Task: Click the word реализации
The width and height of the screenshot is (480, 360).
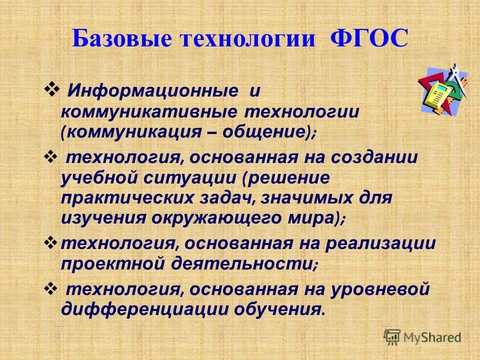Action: [381, 244]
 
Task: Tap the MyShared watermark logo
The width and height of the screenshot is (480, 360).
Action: [422, 336]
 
